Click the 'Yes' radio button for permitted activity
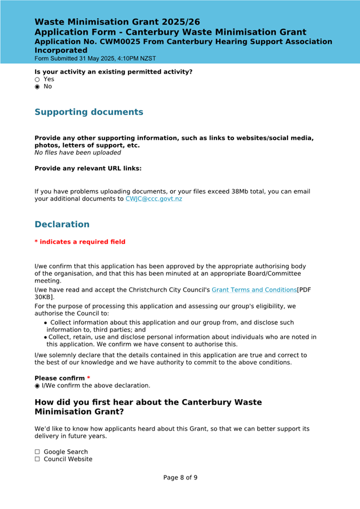click(37, 79)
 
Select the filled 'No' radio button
click(37, 87)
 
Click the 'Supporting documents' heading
click(89, 112)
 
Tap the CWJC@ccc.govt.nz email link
click(154, 199)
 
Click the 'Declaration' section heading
click(62, 224)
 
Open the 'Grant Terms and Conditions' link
click(254, 290)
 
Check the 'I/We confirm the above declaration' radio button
click(37, 385)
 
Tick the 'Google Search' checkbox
click(37, 452)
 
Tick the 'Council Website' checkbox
click(37, 459)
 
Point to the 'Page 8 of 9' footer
click(180, 478)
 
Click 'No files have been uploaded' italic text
click(77, 152)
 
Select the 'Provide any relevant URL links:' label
click(88, 168)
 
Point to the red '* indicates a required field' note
click(80, 242)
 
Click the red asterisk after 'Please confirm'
click(89, 378)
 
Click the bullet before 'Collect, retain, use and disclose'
click(45, 337)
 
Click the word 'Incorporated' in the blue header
click(61, 50)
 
